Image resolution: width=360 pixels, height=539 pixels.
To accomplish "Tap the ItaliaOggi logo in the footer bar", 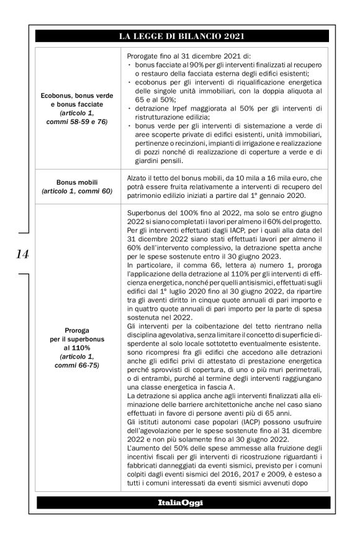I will pyautogui.click(x=180, y=501).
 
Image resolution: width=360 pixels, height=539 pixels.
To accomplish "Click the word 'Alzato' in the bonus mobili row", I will pyautogui.click(x=138, y=177).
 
